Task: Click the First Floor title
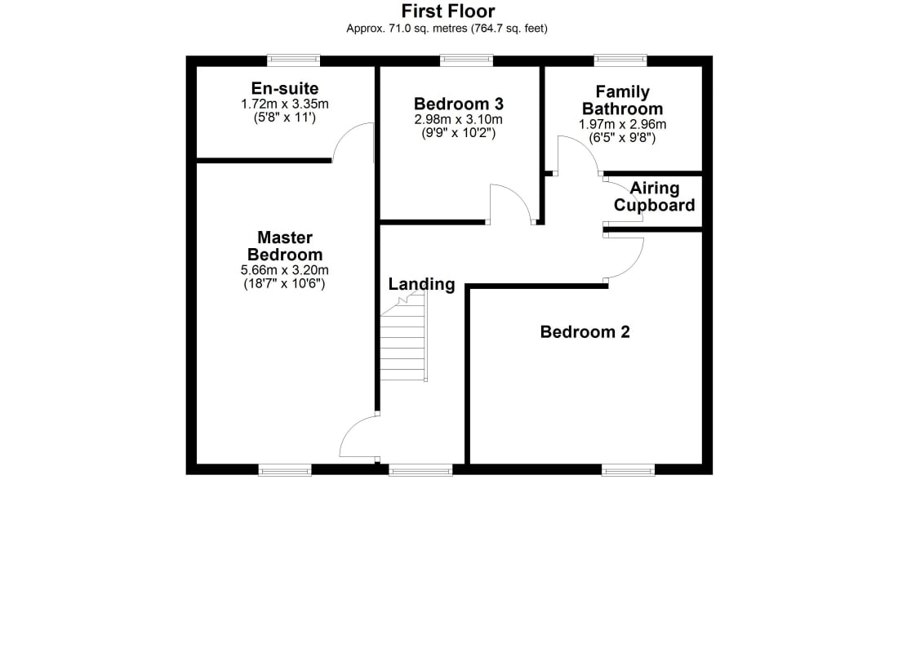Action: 448,11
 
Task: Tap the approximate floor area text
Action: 447,28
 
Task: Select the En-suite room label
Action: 285,88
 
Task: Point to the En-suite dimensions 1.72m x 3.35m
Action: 285,104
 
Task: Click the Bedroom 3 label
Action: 458,104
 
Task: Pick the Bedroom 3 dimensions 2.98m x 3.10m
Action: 458,120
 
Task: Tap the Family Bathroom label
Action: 623,100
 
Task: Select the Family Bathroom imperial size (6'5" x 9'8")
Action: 622,137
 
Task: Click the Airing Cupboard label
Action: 655,197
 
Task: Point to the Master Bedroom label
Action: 285,246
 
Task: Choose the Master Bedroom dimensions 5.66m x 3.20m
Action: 285,270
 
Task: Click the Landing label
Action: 421,284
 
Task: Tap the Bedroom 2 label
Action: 585,331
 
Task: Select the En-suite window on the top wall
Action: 294,60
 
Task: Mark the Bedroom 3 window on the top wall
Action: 466,60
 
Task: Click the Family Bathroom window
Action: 620,60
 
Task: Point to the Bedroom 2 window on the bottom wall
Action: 629,470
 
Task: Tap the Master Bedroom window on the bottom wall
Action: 285,470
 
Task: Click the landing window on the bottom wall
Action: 421,470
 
